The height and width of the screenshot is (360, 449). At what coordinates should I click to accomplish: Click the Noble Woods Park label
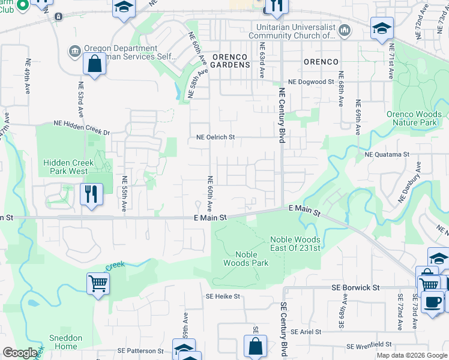click(x=246, y=259)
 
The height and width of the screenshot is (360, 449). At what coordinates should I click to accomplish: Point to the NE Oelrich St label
click(x=215, y=137)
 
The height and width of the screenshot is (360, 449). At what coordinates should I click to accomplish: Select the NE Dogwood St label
click(x=310, y=82)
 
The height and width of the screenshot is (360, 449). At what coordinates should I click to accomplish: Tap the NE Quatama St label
click(x=387, y=154)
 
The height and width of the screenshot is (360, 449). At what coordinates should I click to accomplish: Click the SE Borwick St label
click(x=356, y=288)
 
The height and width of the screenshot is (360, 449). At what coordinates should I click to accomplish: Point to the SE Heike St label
click(x=223, y=296)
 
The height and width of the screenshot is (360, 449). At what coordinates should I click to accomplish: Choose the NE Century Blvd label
click(x=281, y=116)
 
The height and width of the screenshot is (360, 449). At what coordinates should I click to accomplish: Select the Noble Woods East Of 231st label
click(x=295, y=244)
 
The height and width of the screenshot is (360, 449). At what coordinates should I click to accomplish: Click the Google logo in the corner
click(x=20, y=353)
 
